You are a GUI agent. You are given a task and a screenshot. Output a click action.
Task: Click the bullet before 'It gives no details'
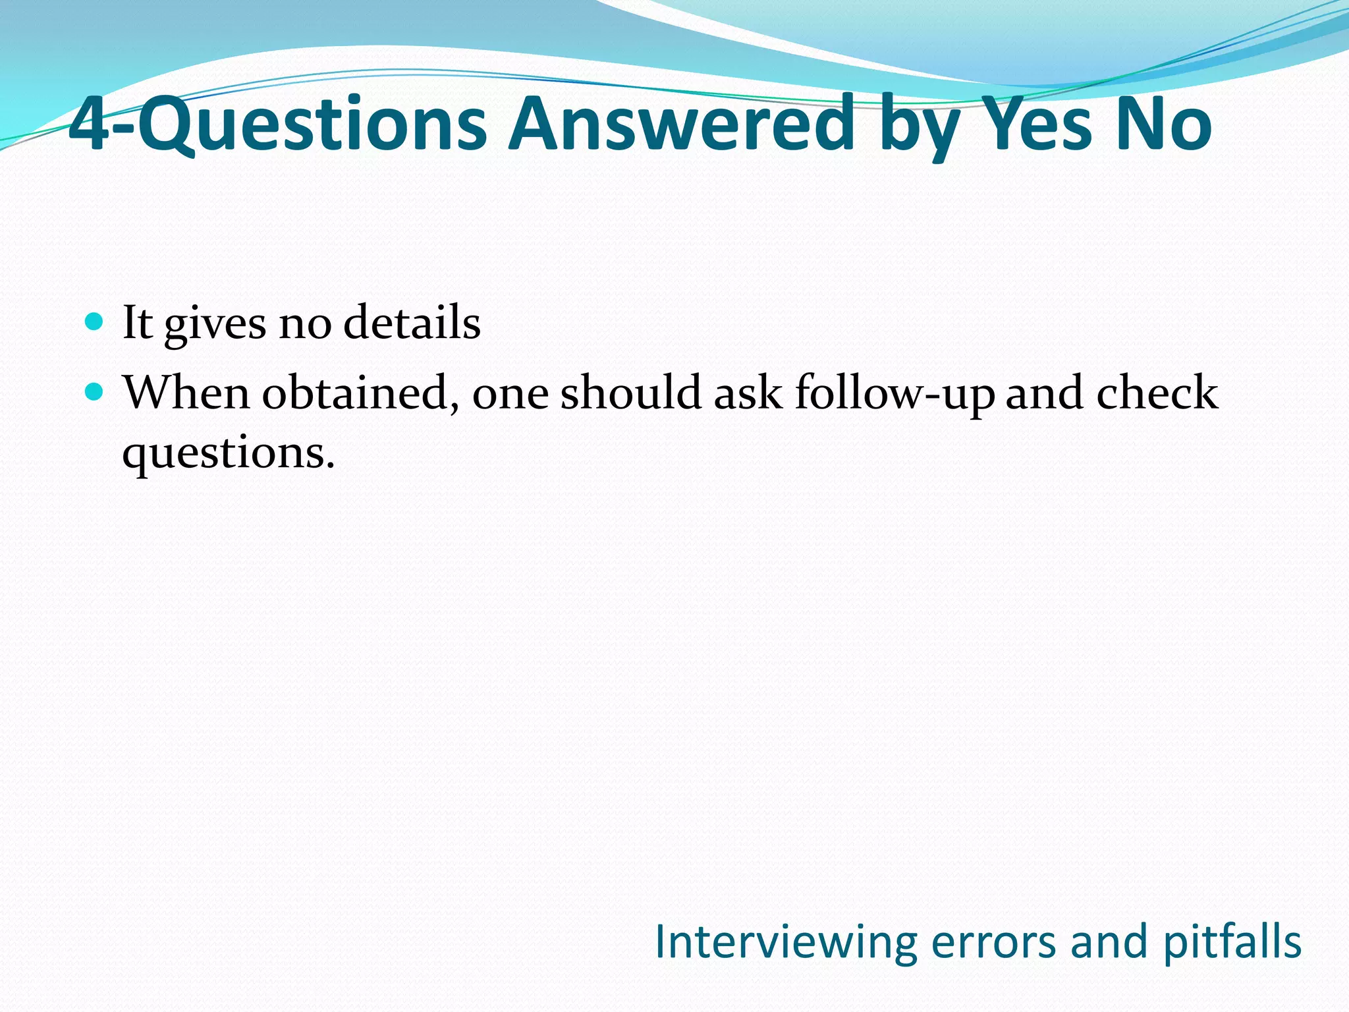tap(95, 322)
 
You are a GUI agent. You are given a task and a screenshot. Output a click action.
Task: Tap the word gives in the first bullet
tap(215, 324)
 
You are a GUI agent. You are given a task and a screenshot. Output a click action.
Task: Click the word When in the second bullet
tap(186, 393)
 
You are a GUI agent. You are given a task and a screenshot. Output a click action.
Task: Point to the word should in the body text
tap(630, 393)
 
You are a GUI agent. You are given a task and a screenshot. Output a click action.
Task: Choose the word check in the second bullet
tap(1157, 393)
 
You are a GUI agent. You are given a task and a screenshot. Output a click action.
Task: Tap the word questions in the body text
tap(228, 453)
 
